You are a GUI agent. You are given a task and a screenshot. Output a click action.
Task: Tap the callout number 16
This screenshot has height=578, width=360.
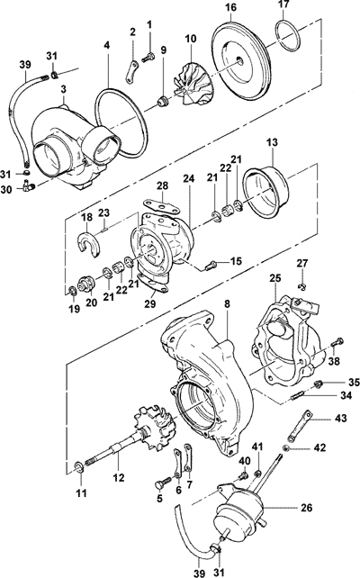tap(231, 7)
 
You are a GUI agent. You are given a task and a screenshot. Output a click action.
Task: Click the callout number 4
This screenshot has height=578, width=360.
tap(106, 46)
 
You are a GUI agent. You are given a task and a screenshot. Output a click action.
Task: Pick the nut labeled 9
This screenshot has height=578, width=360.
tap(162, 101)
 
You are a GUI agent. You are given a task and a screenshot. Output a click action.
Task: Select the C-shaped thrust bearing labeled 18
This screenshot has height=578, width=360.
tap(88, 244)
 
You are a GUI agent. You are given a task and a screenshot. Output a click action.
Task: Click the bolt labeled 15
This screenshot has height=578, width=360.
tap(211, 265)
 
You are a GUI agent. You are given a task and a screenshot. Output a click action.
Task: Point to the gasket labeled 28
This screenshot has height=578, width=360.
tap(162, 205)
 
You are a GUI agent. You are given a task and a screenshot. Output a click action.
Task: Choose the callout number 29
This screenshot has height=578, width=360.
tap(150, 303)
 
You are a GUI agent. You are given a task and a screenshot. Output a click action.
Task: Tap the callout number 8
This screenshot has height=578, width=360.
tap(227, 304)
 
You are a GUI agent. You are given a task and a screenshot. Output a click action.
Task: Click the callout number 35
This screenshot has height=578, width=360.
tap(354, 383)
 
